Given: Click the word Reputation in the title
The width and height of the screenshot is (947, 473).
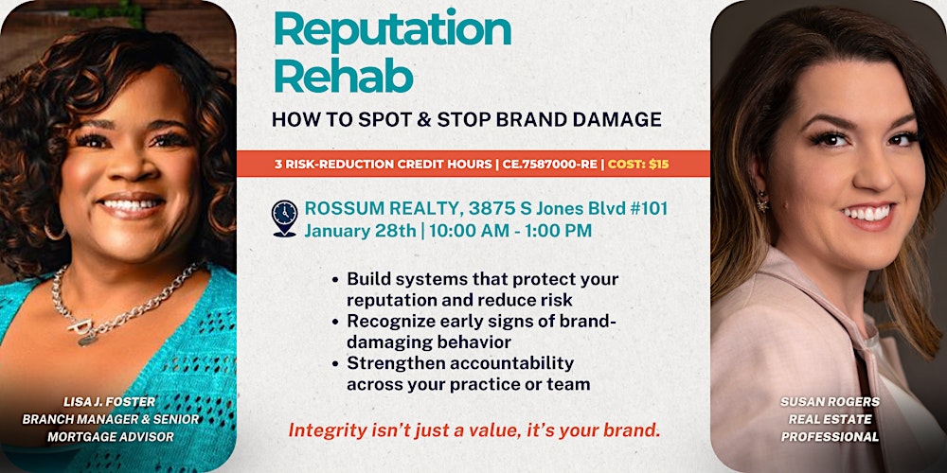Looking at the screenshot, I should [392, 30].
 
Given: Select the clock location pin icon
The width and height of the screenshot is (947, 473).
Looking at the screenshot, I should [284, 218].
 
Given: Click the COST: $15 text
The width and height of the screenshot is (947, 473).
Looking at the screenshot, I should [638, 164].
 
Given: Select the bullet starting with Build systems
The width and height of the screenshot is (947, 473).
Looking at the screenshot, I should [482, 289].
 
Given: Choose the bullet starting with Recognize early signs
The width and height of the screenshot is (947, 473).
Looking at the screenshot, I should [482, 331].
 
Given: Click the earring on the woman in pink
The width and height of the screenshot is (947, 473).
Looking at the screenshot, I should [762, 201].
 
